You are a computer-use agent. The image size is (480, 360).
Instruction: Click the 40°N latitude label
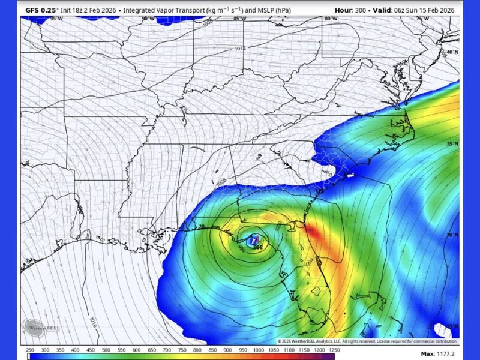click(452, 52)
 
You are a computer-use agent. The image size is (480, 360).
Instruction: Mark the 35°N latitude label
click(452, 144)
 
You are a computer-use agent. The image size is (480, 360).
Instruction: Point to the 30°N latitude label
click(452, 235)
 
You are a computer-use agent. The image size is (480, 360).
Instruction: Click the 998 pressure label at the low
click(258, 247)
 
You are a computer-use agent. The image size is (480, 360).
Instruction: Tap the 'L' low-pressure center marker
click(253, 239)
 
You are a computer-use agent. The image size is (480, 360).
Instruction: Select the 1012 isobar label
click(240, 49)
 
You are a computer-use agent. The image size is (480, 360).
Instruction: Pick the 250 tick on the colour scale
click(30, 350)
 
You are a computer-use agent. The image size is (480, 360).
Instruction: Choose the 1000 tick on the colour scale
click(258, 350)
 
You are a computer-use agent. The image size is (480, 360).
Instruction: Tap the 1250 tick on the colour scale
click(334, 350)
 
